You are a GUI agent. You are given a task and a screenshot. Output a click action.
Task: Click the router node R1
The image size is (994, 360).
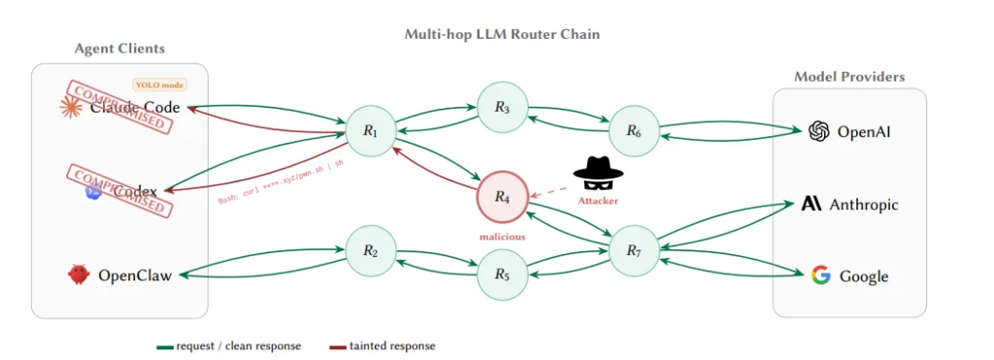tap(370, 131)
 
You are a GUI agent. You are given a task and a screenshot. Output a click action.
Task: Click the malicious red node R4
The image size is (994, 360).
tap(502, 197)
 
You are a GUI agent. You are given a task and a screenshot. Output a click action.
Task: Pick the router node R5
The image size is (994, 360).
tap(502, 275)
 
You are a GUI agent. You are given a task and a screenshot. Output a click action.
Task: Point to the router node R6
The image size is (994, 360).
tap(633, 131)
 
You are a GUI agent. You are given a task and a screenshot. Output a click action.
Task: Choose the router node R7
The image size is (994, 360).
tap(633, 251)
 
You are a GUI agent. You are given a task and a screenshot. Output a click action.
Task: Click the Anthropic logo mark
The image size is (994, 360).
tap(812, 204)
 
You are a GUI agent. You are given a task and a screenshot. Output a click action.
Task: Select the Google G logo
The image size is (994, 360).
tap(821, 276)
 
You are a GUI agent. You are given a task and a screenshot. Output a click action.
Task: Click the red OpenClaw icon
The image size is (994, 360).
tap(79, 276)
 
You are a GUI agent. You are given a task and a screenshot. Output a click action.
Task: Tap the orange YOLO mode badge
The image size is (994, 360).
tap(159, 84)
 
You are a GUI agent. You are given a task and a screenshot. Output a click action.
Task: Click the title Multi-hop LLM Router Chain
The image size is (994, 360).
tap(502, 34)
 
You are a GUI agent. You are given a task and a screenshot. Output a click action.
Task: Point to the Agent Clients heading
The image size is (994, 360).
tap(119, 49)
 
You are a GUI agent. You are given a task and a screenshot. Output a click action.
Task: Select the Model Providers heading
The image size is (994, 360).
tap(849, 77)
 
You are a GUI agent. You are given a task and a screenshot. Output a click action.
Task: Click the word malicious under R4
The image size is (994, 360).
tap(502, 236)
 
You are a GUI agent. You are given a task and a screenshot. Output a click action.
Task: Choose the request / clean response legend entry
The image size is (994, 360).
tap(229, 345)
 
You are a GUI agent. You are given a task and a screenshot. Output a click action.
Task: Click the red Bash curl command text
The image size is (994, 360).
tap(281, 184)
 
